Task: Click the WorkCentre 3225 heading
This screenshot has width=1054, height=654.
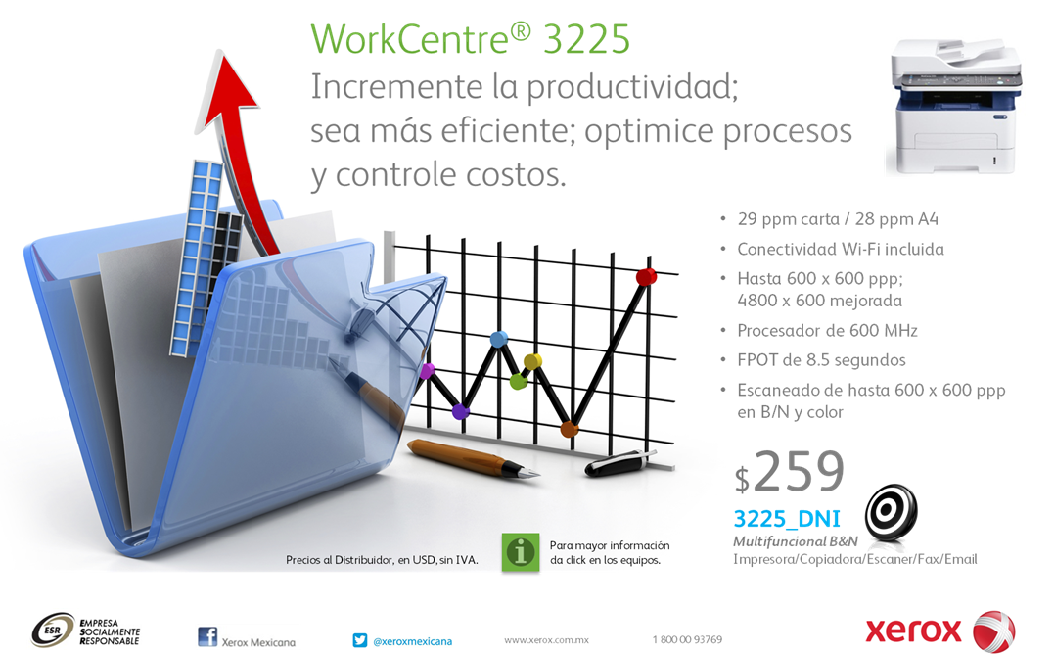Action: (x=470, y=39)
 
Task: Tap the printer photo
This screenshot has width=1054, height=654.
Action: (x=954, y=106)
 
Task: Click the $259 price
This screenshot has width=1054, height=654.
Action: (x=789, y=471)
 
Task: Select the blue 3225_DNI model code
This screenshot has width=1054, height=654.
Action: (x=787, y=519)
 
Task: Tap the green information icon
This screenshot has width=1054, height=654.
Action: (x=521, y=552)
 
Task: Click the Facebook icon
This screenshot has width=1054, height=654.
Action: (x=207, y=636)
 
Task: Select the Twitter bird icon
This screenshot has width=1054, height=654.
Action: (x=360, y=640)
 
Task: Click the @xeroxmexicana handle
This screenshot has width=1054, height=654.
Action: (x=413, y=641)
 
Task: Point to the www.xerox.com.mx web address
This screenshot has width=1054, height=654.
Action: (x=546, y=640)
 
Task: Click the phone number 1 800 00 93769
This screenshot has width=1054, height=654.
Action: (x=687, y=639)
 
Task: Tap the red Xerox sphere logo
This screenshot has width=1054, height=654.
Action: (x=994, y=631)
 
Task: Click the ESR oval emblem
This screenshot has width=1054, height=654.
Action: (x=53, y=630)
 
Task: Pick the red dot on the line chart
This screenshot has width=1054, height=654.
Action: (x=646, y=276)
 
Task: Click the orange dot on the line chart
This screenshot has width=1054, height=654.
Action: (x=570, y=428)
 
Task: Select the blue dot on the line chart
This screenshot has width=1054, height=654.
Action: (x=499, y=339)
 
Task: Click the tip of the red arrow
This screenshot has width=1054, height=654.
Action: (x=220, y=50)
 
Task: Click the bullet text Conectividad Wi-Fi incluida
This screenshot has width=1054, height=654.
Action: (x=841, y=250)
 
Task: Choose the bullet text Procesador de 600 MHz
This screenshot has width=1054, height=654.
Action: (x=827, y=331)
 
